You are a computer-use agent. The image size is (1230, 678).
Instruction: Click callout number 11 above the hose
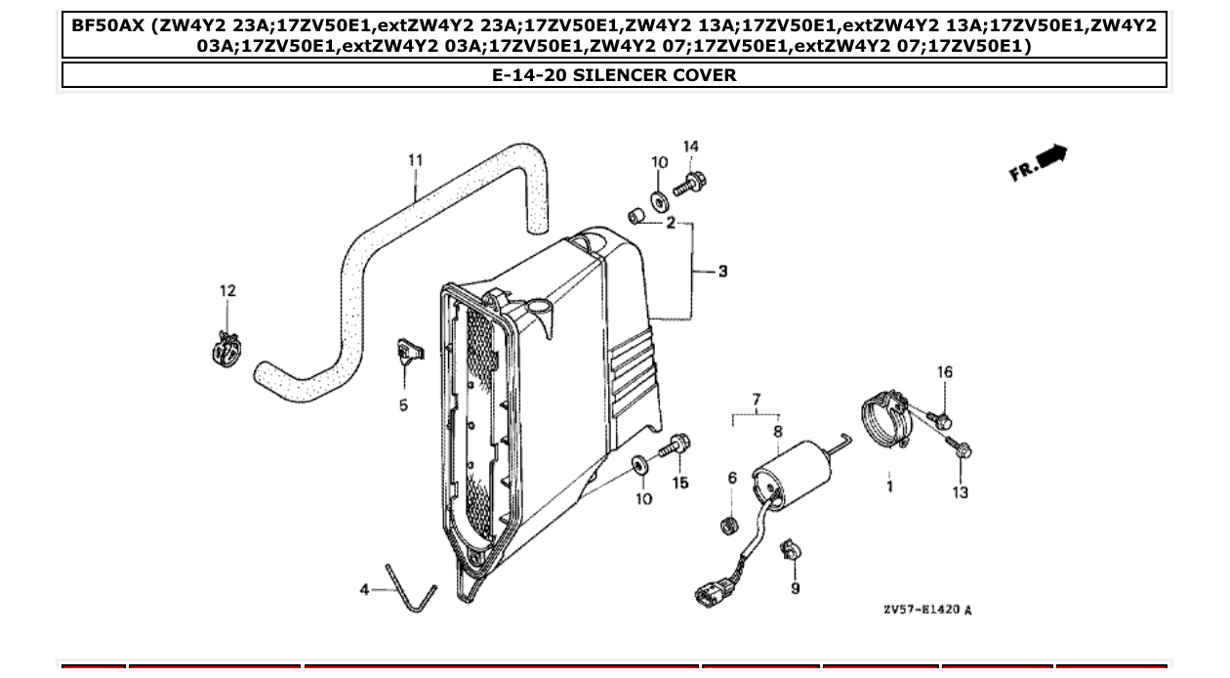[x=415, y=160]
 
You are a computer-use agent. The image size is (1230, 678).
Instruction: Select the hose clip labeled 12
[x=226, y=348]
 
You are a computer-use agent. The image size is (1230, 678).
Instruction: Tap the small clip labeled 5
[x=407, y=352]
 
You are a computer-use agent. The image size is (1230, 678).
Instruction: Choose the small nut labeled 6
[x=726, y=527]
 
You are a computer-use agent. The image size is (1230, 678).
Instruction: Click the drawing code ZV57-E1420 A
[x=926, y=611]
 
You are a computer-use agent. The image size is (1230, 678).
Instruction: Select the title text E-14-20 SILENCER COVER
[x=614, y=75]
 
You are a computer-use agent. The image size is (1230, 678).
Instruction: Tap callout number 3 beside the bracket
[x=722, y=271]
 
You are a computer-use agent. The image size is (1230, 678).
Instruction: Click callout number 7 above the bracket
[x=756, y=400]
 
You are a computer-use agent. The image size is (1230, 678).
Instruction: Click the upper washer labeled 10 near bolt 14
[x=659, y=200]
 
